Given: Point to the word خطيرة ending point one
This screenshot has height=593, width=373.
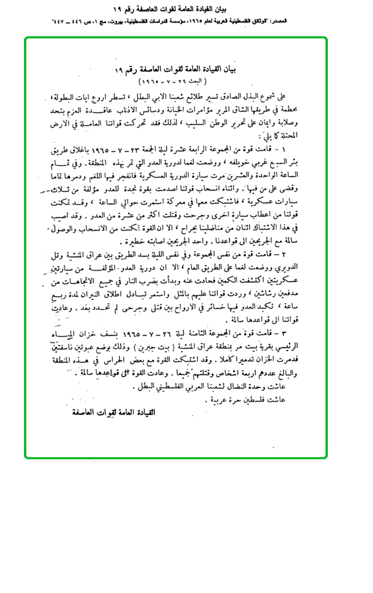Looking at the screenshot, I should (x=130, y=242).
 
